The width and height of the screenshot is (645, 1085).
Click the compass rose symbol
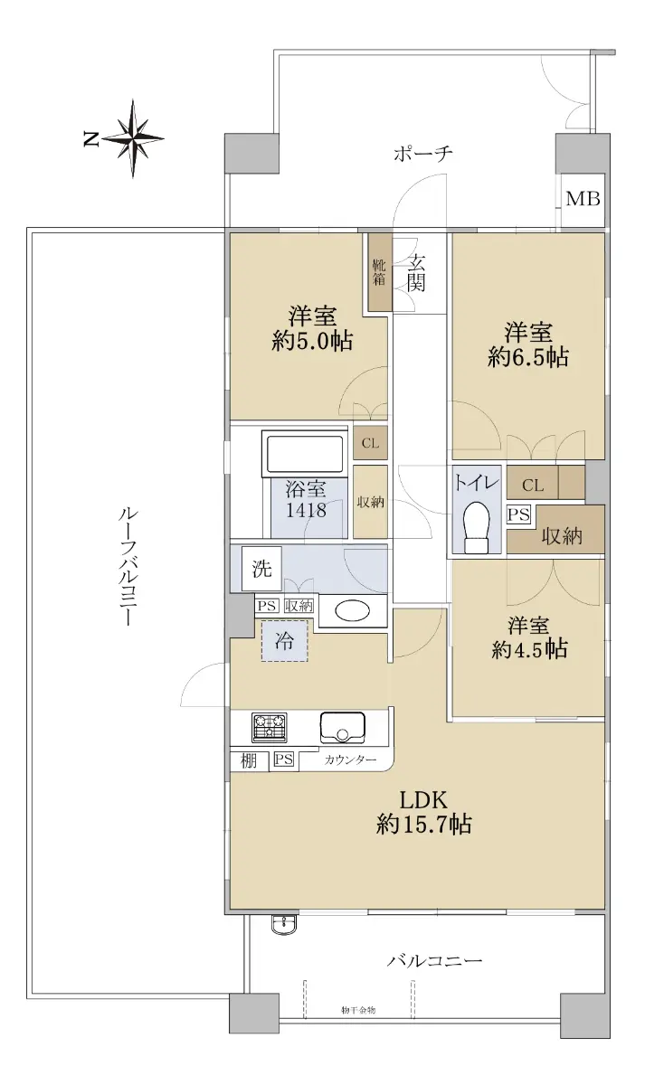click(132, 138)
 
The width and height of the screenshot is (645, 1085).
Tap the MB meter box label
click(583, 199)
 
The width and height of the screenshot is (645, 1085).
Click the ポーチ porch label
click(423, 154)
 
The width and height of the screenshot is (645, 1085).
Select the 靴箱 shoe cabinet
click(379, 273)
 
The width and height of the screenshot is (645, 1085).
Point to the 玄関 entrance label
click(416, 273)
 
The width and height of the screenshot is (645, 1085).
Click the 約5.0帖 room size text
click(312, 342)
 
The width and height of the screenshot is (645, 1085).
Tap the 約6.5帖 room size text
click(527, 357)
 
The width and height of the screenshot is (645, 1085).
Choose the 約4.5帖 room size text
click(529, 649)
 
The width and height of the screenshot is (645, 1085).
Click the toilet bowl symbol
click(477, 526)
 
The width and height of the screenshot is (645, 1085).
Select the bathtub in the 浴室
click(304, 453)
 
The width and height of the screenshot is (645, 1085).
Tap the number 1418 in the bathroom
click(306, 510)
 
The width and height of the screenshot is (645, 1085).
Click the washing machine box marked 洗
click(261, 569)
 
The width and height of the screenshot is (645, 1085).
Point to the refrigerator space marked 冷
click(284, 641)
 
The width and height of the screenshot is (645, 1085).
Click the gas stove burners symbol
click(269, 728)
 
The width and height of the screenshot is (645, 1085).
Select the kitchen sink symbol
click(342, 728)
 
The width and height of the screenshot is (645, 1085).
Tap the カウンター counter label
click(350, 760)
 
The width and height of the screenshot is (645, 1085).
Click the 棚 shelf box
click(249, 761)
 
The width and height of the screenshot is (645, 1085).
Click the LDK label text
click(422, 800)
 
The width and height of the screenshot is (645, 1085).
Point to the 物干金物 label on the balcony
click(358, 1010)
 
